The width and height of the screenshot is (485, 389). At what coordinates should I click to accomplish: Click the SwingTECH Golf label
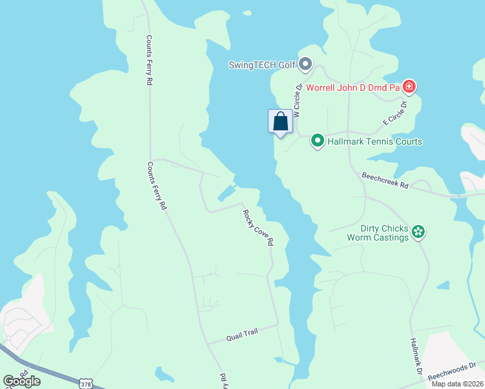coord(262,65)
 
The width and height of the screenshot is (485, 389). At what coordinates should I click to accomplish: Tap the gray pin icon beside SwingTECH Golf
coord(306,65)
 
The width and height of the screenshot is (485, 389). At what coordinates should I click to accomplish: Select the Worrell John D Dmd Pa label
coord(353,87)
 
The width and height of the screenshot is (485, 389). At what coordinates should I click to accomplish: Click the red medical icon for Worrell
coord(408,86)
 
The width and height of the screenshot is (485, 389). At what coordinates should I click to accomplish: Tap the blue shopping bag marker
coord(280,121)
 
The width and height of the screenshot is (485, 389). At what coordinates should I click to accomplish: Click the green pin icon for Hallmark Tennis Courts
coord(318,141)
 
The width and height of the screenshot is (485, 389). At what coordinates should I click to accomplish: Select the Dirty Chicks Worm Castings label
coord(385,233)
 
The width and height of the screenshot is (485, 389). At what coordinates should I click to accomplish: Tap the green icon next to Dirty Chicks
coord(419,232)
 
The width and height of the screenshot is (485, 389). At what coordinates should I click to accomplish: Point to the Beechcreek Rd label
coord(385,180)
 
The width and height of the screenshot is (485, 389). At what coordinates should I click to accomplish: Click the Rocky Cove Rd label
coord(259,227)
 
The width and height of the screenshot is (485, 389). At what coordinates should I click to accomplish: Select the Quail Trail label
coord(242,335)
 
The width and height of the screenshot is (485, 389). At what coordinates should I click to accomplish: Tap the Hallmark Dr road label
coord(416,357)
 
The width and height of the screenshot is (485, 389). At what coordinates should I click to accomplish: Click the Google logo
coord(21,381)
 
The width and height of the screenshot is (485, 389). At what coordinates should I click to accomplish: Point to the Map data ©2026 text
coord(456,384)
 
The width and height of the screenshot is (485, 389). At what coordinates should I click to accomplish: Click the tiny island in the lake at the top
coord(246,12)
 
